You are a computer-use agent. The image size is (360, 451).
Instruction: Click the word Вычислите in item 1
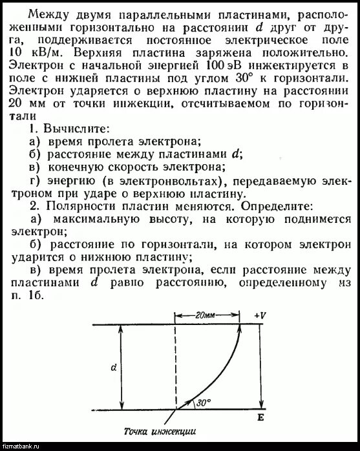[x=72, y=130]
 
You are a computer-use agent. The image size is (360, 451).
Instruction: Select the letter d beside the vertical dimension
[x=114, y=368]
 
